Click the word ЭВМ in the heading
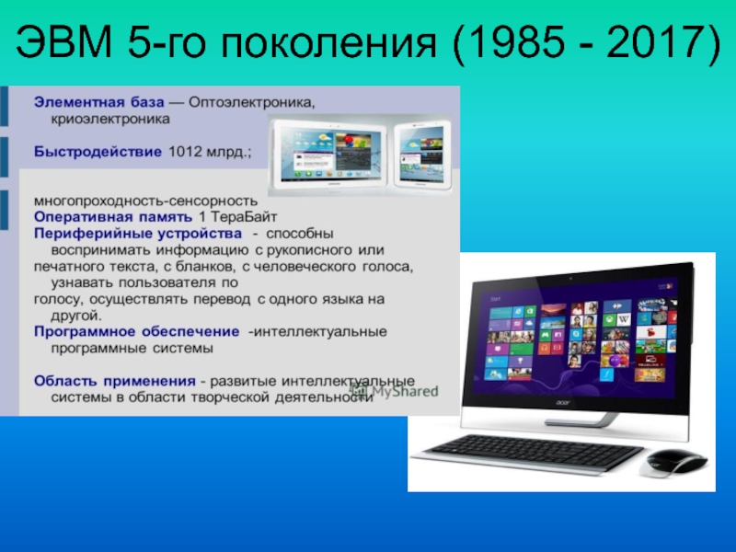(64, 41)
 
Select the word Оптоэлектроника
(251, 102)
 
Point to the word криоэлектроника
(110, 119)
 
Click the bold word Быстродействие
(98, 152)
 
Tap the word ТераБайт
(244, 217)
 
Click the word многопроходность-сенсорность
(145, 201)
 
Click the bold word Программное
(85, 332)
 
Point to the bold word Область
(65, 381)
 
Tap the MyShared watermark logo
(395, 390)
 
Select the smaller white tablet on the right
(422, 155)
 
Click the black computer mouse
(673, 463)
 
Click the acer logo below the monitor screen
(563, 403)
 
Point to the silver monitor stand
(581, 420)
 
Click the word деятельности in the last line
(324, 397)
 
